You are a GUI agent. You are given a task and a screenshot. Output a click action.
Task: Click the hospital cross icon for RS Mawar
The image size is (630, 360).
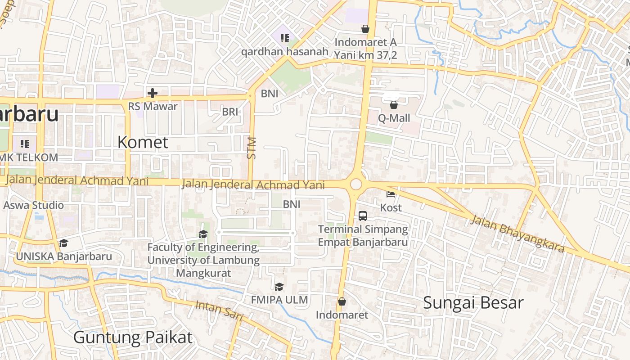point(153,93)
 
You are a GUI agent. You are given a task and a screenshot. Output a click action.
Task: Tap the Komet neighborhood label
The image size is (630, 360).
point(143,142)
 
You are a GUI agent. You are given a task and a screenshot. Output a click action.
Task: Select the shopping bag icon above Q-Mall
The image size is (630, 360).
point(394,105)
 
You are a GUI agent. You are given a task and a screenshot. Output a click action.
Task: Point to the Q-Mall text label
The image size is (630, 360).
point(394,118)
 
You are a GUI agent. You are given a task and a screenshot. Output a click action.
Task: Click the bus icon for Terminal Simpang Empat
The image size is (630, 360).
point(363,216)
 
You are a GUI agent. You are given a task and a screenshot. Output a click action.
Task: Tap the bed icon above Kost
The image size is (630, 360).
point(391,194)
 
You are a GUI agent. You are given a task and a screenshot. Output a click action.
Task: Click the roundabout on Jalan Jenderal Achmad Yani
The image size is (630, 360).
point(356,184)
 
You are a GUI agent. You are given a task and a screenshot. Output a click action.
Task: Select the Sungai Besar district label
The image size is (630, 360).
point(473,303)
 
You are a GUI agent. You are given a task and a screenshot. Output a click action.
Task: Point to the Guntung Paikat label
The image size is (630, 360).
point(133,337)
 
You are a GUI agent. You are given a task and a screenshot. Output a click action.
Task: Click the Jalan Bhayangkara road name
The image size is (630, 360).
point(517,234)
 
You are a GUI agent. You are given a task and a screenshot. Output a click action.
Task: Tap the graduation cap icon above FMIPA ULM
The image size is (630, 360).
point(279,287)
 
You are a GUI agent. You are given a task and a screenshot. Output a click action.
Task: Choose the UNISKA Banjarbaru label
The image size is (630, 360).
point(64,256)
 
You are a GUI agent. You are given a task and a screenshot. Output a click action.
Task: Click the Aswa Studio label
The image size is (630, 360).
point(34,206)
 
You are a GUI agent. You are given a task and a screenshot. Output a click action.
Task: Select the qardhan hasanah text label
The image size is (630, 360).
point(285,51)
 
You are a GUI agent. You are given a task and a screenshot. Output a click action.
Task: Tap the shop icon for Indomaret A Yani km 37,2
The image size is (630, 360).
point(365,29)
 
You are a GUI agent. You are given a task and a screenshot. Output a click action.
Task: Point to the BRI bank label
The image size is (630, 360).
point(230,112)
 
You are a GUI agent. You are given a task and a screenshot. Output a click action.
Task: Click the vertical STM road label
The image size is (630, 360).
point(252,148)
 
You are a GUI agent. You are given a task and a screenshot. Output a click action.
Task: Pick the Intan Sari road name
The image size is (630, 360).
point(219,310)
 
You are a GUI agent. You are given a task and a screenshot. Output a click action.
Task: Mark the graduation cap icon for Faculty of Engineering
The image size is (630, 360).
point(203,234)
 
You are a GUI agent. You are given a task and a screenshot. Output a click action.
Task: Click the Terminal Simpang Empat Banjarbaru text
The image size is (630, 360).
point(363,235)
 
